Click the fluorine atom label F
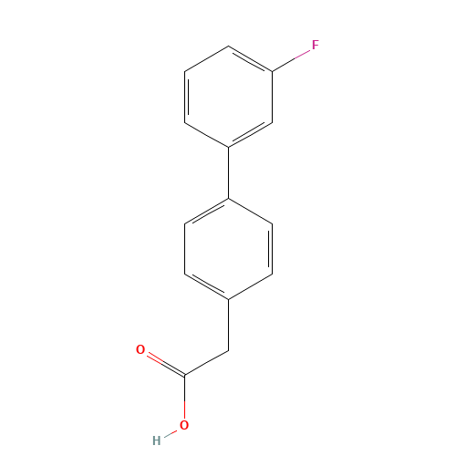(x=315, y=44)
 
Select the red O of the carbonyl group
(x=140, y=349)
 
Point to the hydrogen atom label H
(x=156, y=440)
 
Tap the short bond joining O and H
(x=171, y=432)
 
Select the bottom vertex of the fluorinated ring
(x=228, y=146)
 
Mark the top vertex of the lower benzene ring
(x=228, y=196)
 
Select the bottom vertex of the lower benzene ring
(x=228, y=298)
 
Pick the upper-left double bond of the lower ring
(x=207, y=209)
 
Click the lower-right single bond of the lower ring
(x=250, y=285)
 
